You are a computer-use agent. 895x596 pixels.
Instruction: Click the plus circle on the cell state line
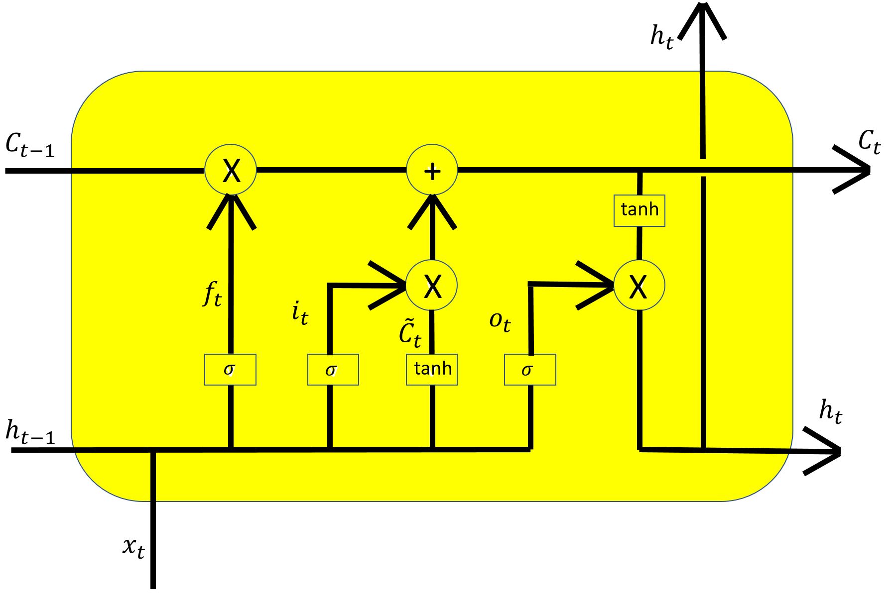click(432, 170)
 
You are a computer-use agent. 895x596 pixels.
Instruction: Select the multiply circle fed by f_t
click(231, 170)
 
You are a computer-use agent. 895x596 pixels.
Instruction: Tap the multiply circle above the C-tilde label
click(432, 286)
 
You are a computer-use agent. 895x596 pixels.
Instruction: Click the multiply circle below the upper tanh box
click(639, 286)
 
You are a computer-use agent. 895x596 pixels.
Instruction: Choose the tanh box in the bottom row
click(432, 370)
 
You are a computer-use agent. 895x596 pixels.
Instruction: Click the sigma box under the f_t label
click(230, 370)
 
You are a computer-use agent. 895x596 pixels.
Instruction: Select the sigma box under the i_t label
click(333, 370)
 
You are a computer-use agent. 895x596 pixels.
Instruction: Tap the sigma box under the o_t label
click(530, 370)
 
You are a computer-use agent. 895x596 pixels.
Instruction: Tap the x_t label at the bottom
click(133, 547)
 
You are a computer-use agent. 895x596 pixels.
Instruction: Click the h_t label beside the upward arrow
click(662, 37)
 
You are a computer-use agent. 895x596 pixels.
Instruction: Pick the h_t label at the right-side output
click(831, 412)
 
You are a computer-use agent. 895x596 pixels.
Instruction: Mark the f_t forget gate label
click(213, 294)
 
